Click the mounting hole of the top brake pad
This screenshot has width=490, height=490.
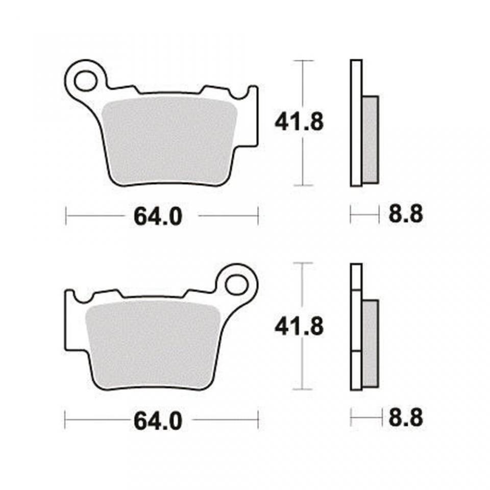click(86, 81)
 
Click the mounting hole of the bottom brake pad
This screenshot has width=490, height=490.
click(237, 284)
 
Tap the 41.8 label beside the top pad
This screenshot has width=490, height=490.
click(299, 122)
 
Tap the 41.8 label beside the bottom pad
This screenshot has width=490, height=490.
click(299, 327)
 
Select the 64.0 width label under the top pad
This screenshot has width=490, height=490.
click(158, 216)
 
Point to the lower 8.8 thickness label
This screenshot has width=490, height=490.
click(406, 419)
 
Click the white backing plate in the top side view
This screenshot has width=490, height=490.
click(356, 122)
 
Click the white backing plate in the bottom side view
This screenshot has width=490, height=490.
click(356, 327)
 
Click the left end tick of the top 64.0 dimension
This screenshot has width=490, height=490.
click(66, 215)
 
